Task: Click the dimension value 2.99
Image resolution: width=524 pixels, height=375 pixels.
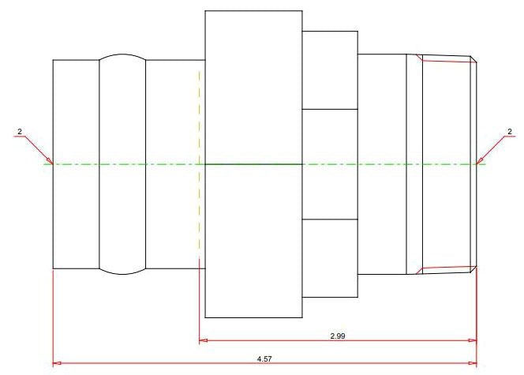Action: point(338,336)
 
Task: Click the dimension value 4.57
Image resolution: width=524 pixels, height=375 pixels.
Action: point(264,359)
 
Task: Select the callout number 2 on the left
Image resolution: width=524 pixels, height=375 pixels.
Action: point(20,132)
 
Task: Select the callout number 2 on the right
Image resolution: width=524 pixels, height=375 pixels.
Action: point(510,132)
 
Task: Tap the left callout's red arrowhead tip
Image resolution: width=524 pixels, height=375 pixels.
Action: point(53,163)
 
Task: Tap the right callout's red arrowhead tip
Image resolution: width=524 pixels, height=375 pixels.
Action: point(477,163)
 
